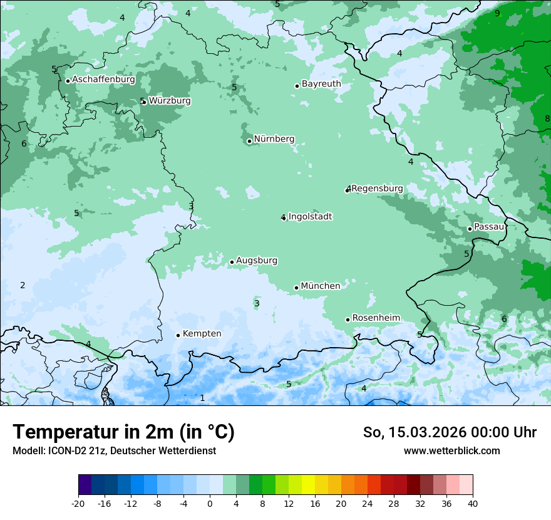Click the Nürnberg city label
[274, 139]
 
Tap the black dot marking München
[297, 288]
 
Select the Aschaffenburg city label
[103, 80]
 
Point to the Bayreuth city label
[321, 83]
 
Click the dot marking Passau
[470, 229]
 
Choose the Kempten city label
[202, 333]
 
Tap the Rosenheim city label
[376, 318]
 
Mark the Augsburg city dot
[232, 262]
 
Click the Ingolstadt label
[310, 217]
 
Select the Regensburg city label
[378, 189]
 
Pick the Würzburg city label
[170, 101]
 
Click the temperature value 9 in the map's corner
[497, 13]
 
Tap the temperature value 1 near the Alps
[202, 398]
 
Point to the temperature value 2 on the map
[23, 285]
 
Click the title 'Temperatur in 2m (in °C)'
[123, 432]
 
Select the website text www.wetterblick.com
[451, 450]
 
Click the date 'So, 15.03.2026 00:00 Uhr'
[450, 432]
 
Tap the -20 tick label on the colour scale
[78, 503]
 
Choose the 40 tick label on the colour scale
[472, 503]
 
